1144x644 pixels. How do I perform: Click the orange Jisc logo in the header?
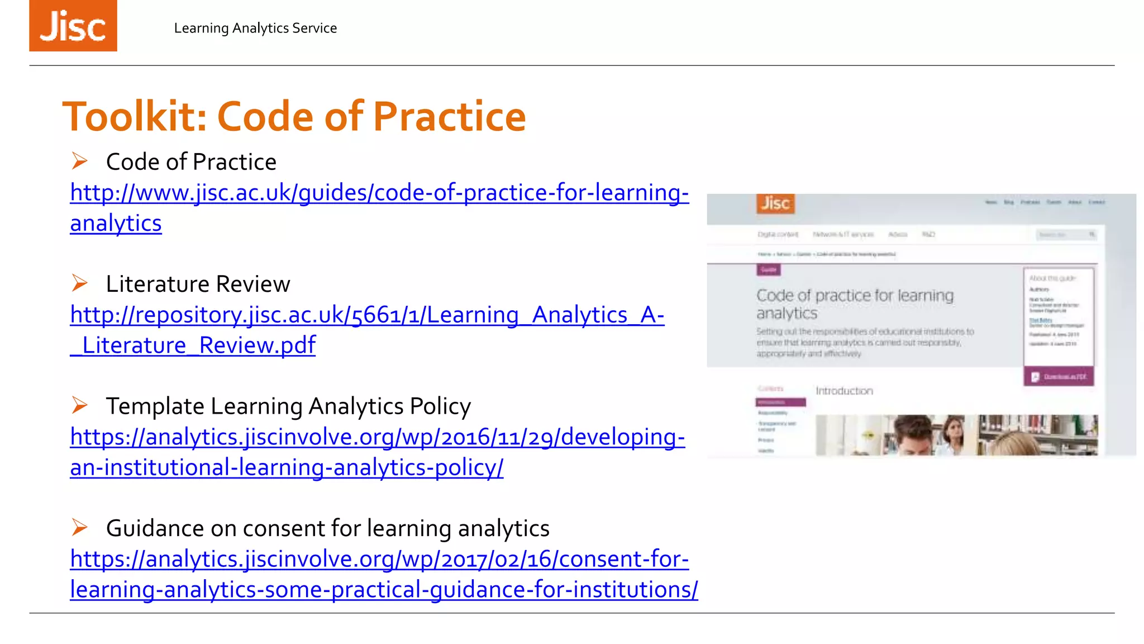click(73, 26)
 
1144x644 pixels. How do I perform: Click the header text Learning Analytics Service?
click(255, 28)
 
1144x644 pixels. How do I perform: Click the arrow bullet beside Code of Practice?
click(80, 161)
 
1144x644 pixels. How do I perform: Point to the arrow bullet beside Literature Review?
click(80, 283)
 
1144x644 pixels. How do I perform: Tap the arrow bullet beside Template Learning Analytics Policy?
click(80, 405)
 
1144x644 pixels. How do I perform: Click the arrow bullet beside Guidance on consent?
click(80, 527)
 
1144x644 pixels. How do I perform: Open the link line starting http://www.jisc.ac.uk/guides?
click(379, 193)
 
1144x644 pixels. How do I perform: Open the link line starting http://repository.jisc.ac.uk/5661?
click(367, 315)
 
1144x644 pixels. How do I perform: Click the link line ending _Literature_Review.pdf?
click(193, 345)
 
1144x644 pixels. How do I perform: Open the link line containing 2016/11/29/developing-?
click(377, 437)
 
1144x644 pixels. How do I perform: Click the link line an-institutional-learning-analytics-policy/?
click(287, 467)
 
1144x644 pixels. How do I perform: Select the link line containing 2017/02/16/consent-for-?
click(379, 559)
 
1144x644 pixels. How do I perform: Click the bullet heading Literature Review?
click(198, 284)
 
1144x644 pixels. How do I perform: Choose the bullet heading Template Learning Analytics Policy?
click(288, 406)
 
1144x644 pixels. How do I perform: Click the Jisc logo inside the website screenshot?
click(775, 203)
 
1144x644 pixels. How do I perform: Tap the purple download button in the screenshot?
click(1059, 376)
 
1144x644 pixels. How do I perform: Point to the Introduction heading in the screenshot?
click(844, 391)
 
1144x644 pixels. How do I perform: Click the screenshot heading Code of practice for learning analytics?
click(855, 304)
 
